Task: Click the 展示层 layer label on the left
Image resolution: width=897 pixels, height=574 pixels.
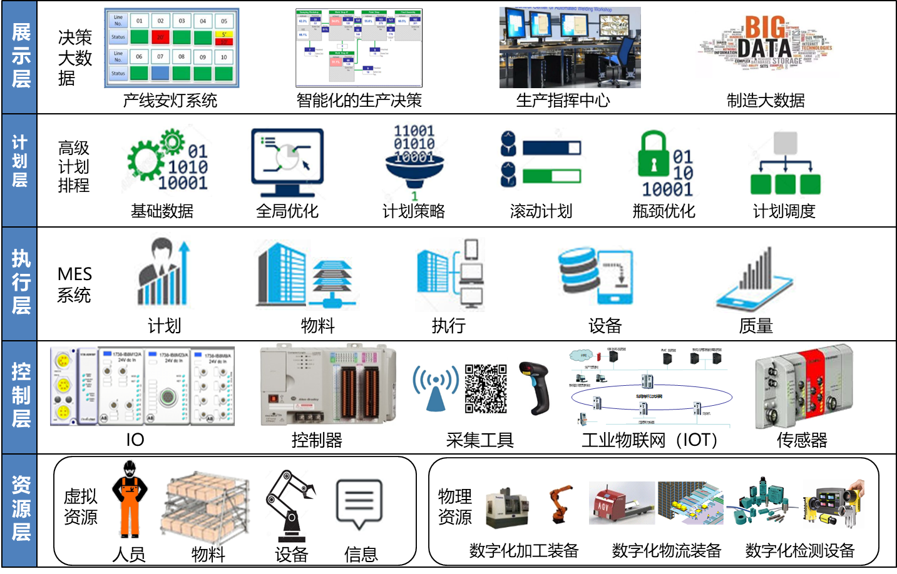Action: [x=21, y=56]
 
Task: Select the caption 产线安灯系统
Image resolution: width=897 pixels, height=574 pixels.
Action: [x=170, y=101]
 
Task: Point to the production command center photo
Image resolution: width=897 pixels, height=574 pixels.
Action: [x=570, y=48]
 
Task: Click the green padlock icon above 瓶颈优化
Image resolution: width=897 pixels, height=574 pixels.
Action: [x=654, y=154]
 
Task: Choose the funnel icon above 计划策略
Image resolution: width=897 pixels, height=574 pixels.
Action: [x=414, y=164]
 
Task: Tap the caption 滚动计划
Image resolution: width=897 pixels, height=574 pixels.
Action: [x=541, y=211]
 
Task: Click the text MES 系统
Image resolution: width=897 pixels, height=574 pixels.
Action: [x=74, y=284]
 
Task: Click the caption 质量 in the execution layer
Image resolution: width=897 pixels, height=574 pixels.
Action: [x=756, y=326]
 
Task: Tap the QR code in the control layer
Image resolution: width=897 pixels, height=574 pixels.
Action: [x=486, y=389]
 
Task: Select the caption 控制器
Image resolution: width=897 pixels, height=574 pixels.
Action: [x=317, y=440]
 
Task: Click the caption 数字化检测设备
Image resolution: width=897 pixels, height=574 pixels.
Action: [x=800, y=551]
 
